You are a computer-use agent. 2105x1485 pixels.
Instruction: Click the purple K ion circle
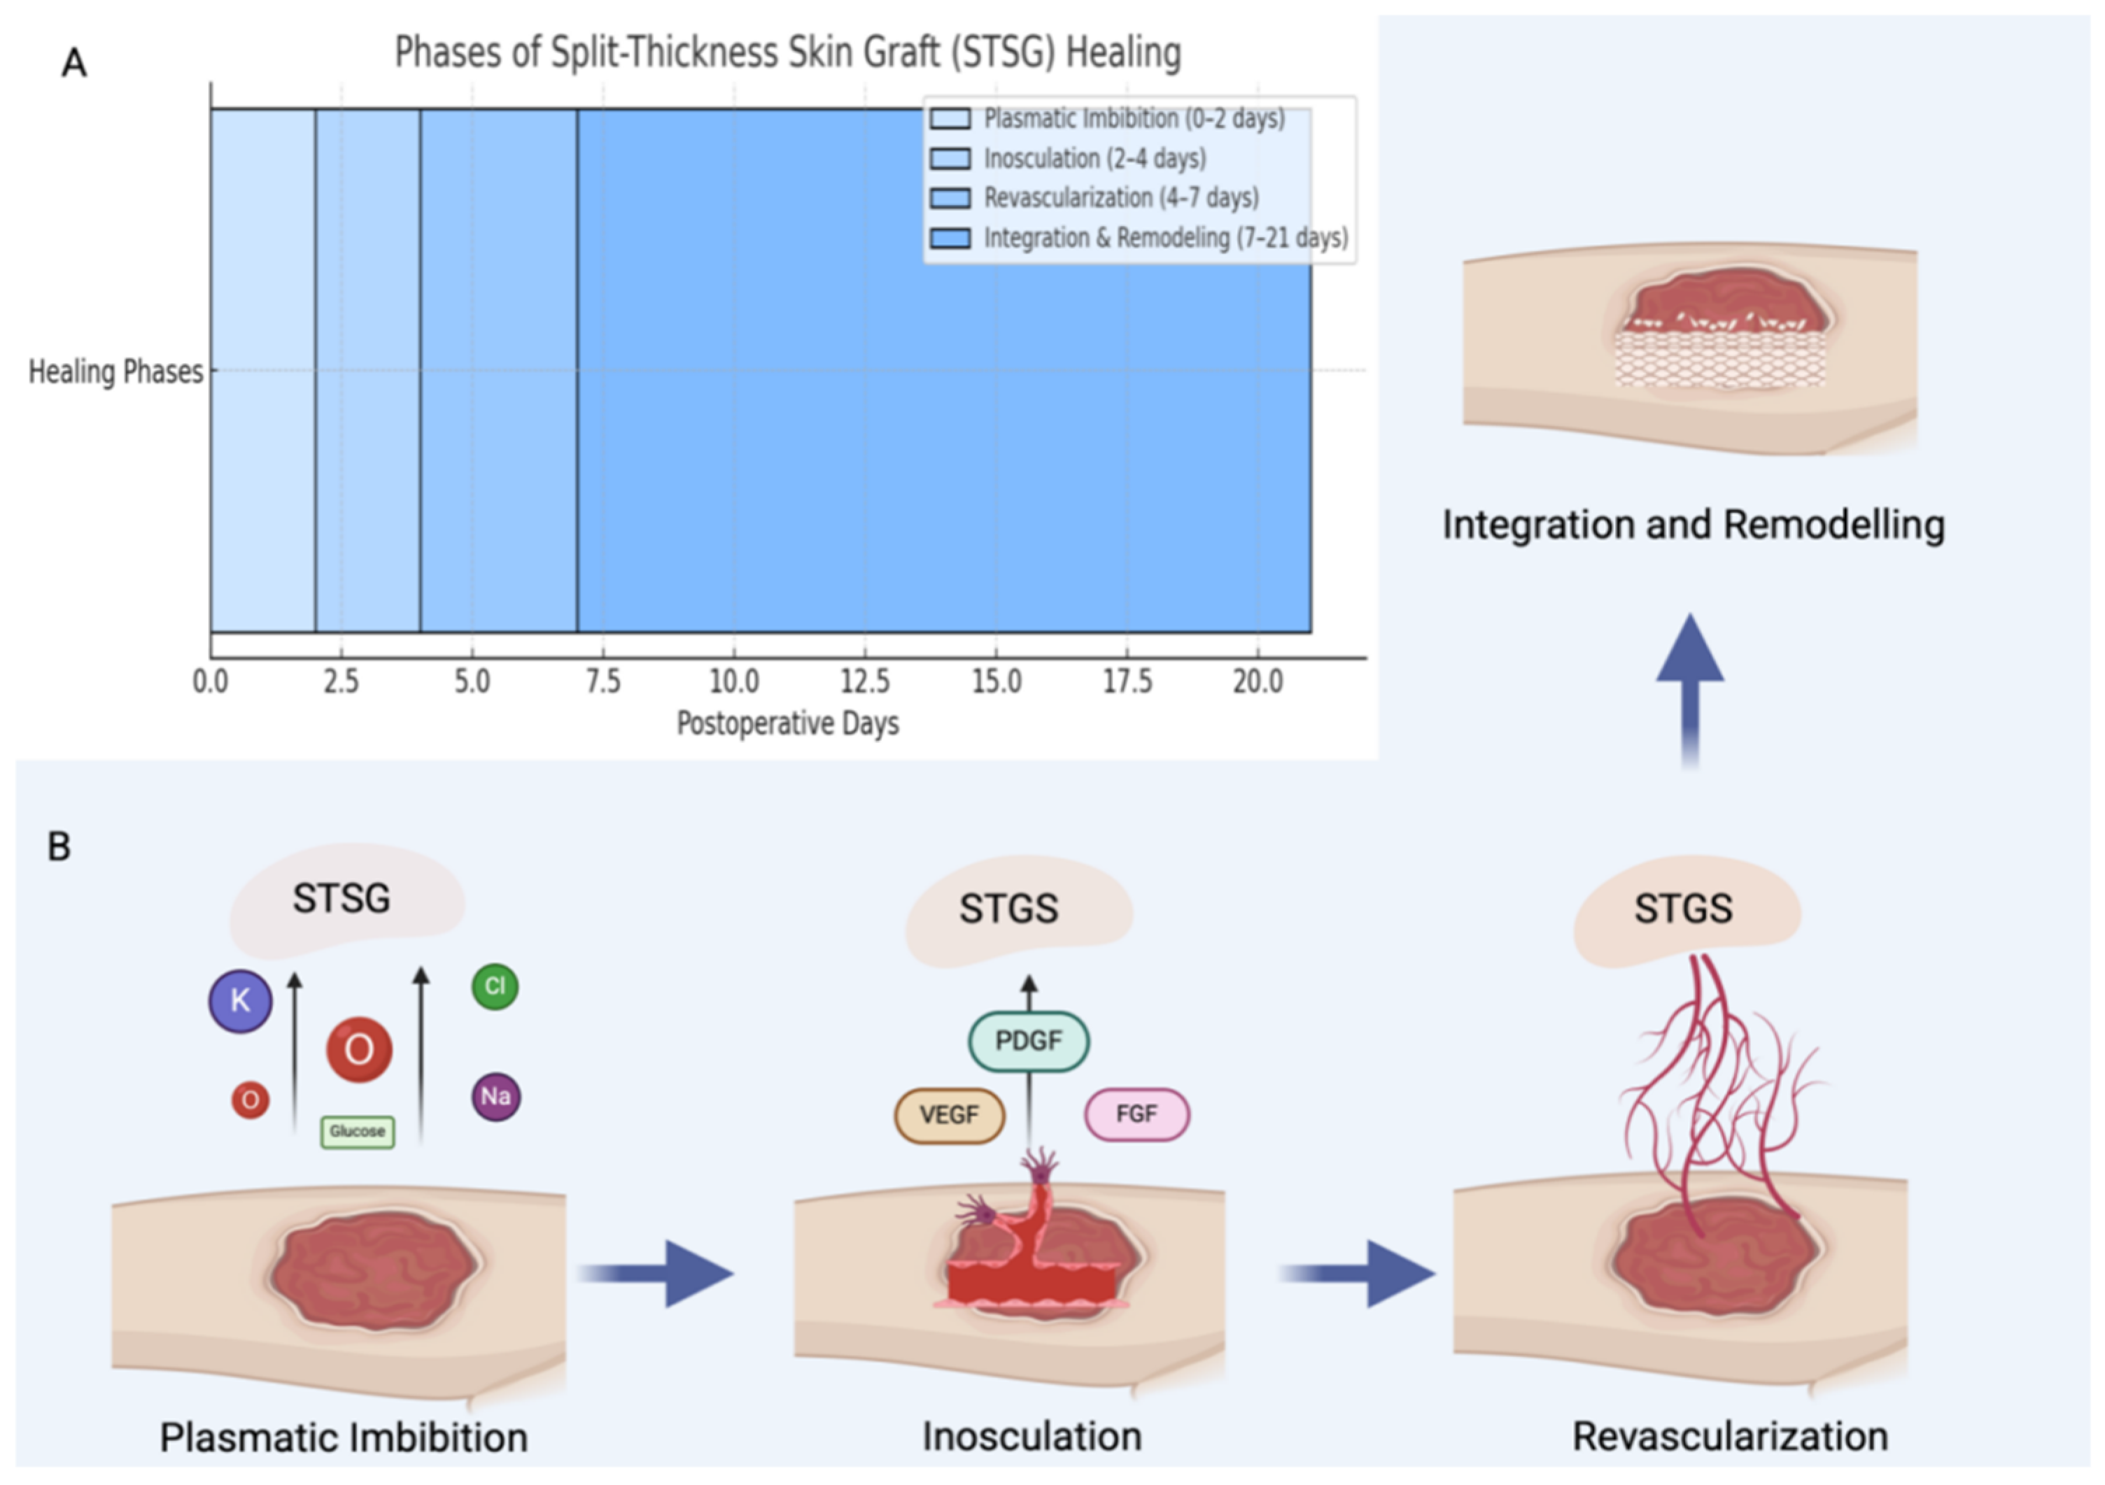(x=240, y=1001)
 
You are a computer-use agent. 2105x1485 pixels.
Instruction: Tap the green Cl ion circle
(x=495, y=986)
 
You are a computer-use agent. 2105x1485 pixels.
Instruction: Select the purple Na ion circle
(x=496, y=1097)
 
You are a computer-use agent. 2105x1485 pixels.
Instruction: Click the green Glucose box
(x=358, y=1132)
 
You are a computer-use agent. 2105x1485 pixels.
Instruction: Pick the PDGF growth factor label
(x=1029, y=1042)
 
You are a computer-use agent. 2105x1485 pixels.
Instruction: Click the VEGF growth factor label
(x=950, y=1116)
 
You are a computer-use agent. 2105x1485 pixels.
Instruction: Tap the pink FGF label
(x=1137, y=1115)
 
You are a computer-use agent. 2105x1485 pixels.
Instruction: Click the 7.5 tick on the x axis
(x=603, y=682)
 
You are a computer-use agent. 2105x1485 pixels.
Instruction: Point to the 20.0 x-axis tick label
(x=1258, y=682)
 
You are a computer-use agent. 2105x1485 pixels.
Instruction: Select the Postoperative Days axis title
(x=787, y=724)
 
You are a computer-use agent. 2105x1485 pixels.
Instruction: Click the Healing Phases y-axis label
(x=115, y=372)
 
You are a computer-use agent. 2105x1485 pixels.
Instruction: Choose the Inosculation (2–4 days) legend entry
(x=1094, y=159)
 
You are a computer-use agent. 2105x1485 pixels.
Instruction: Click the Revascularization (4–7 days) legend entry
(x=1120, y=198)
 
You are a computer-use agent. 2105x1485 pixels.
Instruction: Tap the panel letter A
(x=74, y=63)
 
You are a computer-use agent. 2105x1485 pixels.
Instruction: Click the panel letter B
(x=59, y=847)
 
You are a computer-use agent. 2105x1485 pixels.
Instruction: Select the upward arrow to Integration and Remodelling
(x=1690, y=688)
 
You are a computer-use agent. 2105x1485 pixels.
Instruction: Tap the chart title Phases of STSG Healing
(x=787, y=52)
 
